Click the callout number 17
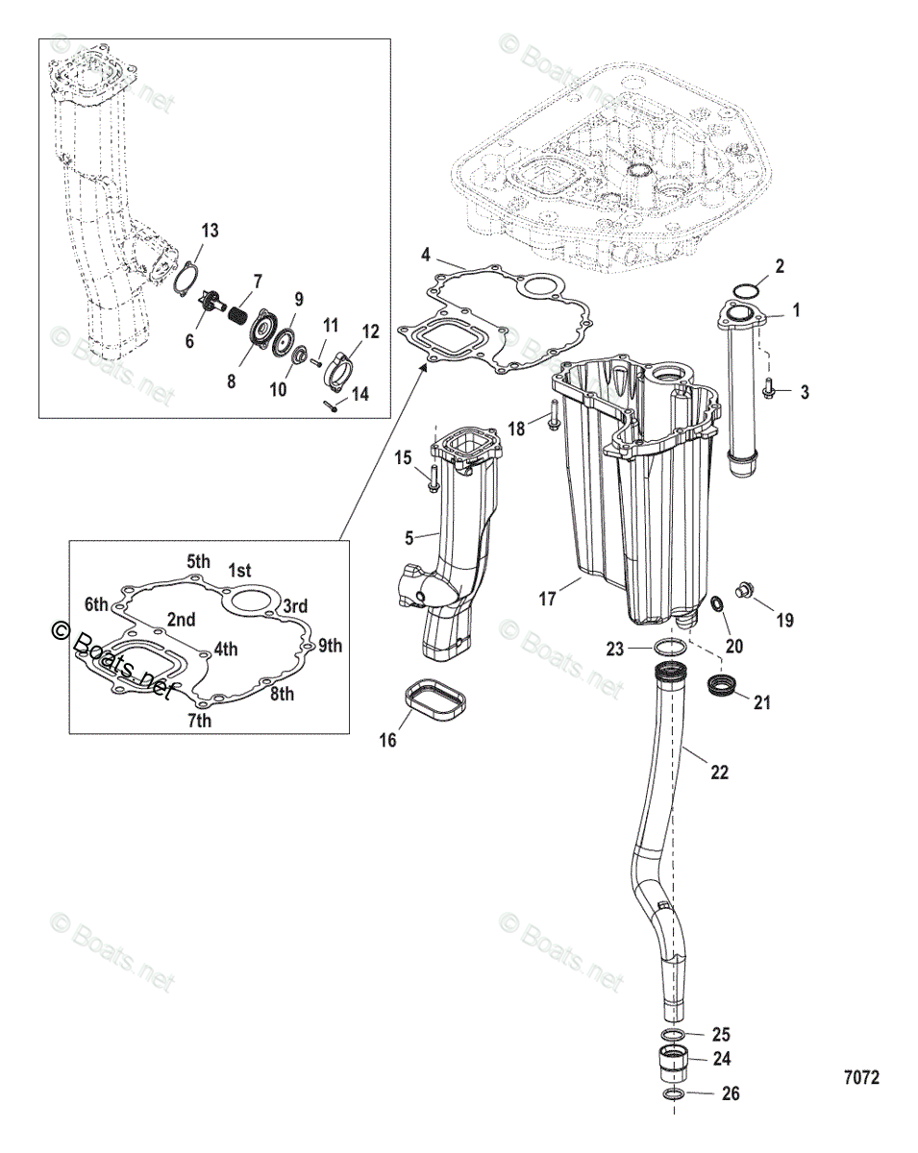547,600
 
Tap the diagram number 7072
860,1078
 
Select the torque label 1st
239,570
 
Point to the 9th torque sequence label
330,646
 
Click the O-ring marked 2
744,290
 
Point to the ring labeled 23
669,648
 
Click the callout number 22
719,772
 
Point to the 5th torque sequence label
198,561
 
